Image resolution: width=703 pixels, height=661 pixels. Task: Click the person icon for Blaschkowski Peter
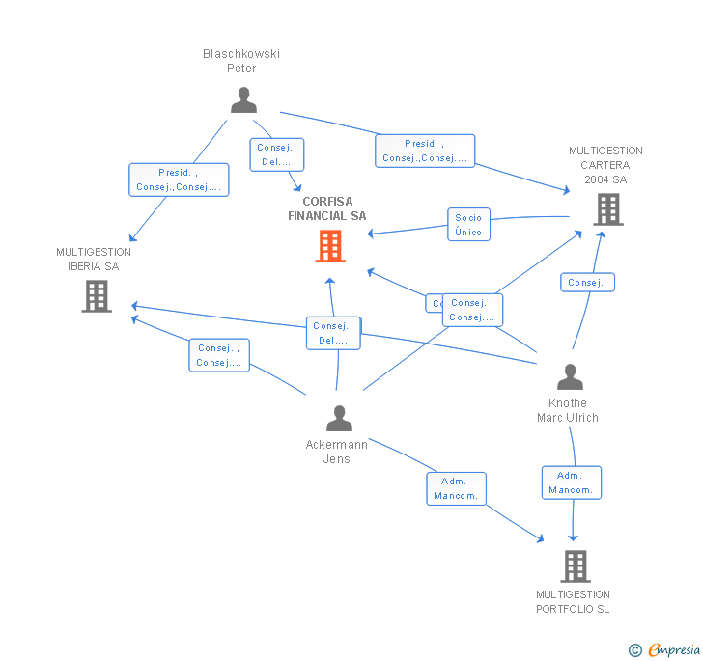[x=243, y=99]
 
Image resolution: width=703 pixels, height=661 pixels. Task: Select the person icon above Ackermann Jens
[x=339, y=418]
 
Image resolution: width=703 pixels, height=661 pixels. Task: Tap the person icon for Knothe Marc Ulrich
[x=570, y=376]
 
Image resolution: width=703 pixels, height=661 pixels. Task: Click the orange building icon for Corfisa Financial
[x=330, y=246]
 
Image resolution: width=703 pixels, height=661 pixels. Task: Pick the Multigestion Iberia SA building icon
[x=97, y=296]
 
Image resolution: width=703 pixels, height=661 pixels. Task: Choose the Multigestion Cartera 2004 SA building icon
[x=607, y=208]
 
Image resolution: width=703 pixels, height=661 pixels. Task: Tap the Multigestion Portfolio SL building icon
[x=576, y=565]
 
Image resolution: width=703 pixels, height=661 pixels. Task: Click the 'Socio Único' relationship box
[x=468, y=224]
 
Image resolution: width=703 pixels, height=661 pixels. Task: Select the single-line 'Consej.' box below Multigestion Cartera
[x=586, y=282]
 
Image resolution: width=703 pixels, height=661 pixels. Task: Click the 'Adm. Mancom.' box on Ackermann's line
[x=456, y=488]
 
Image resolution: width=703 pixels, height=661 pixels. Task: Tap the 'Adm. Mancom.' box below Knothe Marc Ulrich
[x=571, y=482]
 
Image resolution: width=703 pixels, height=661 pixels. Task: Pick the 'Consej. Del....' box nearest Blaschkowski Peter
[x=278, y=154]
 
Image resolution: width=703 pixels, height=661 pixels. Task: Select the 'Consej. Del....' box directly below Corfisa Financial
[x=333, y=333]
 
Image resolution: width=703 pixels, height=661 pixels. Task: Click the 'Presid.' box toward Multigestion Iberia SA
[x=179, y=179]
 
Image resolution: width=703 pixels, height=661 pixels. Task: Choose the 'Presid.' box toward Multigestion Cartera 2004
[x=425, y=151]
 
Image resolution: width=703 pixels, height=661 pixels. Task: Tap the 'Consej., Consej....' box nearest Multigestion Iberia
[x=219, y=355]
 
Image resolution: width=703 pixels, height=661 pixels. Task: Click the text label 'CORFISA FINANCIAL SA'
[x=327, y=209]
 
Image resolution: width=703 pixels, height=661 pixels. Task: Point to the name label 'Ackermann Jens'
[x=336, y=452]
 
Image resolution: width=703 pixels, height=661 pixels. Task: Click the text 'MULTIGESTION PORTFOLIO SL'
[x=573, y=602]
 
